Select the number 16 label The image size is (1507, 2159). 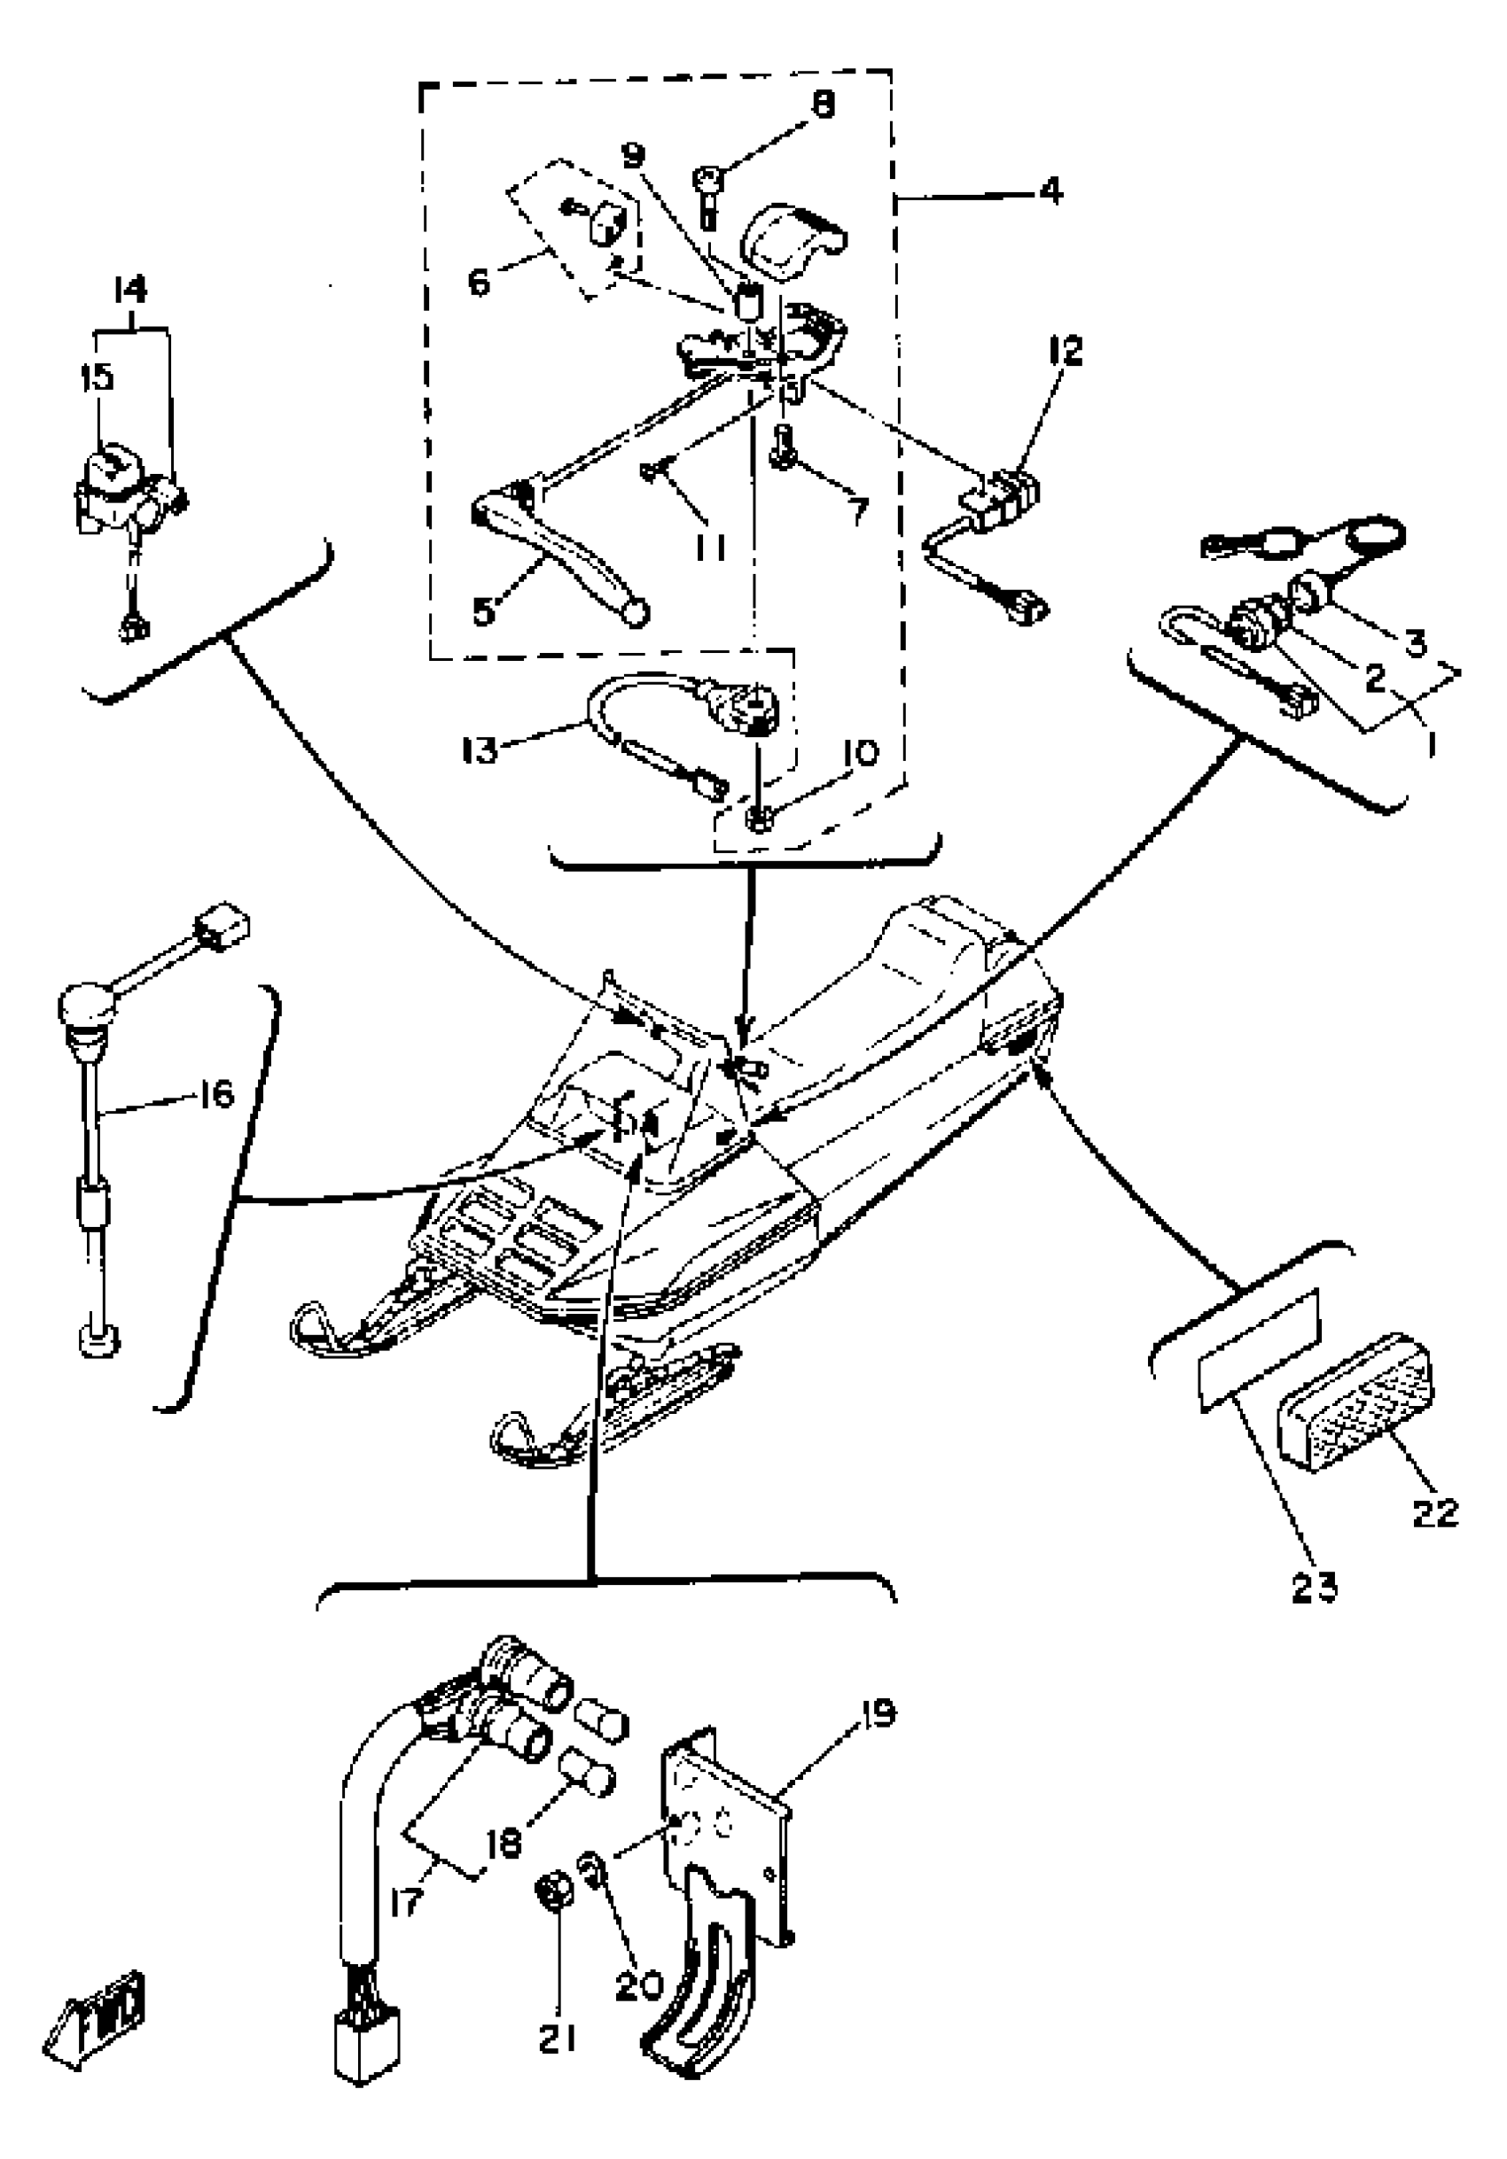(216, 1093)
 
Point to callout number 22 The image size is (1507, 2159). (1433, 1512)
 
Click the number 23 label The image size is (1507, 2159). (1313, 1588)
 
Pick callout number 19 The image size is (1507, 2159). (876, 1712)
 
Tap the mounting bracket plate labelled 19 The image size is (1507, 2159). (729, 1829)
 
